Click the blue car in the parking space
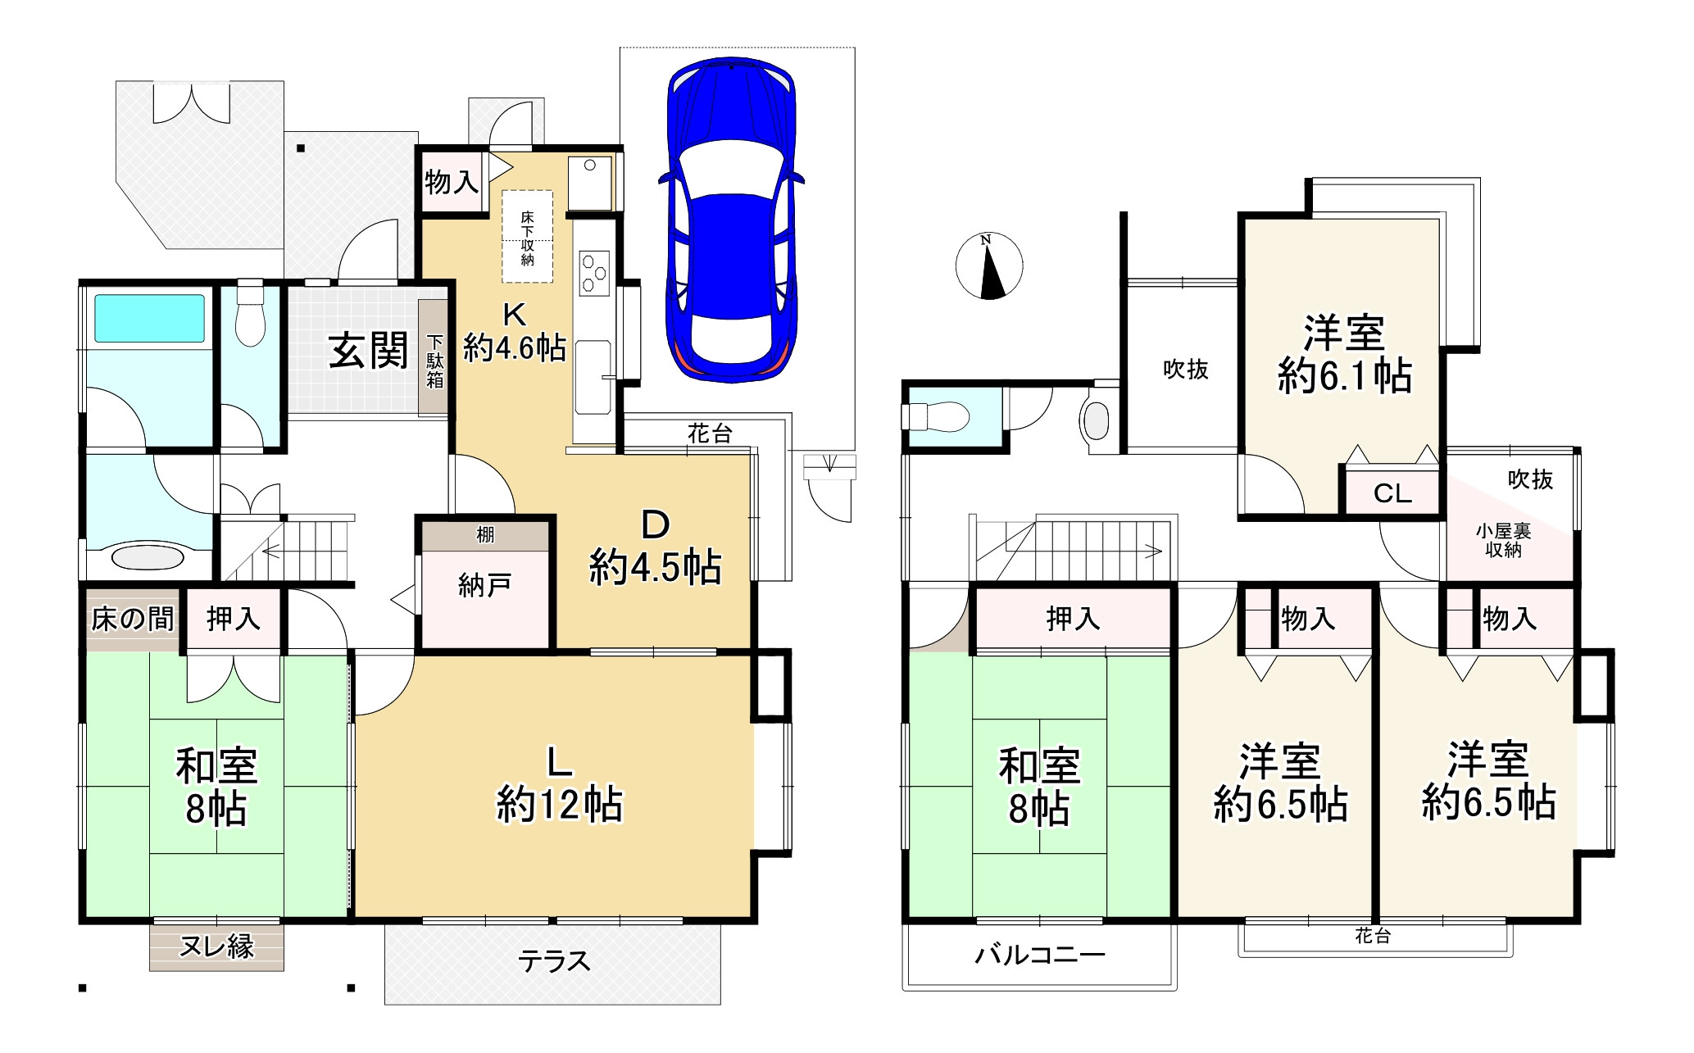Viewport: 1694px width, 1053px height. pos(731,220)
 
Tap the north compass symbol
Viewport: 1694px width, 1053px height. pos(989,266)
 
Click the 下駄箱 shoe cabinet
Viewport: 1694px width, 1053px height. pos(434,357)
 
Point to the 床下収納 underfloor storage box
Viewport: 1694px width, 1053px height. pos(527,237)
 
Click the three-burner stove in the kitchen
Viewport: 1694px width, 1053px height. pos(594,273)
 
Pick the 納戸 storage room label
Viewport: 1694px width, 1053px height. pos(484,585)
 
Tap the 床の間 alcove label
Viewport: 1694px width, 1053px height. pos(133,619)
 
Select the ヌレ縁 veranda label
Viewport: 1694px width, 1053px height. pos(216,947)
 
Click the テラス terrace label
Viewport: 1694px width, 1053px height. pos(553,960)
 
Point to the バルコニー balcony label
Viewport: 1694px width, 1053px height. pos(1040,955)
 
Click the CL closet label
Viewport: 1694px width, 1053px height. pos(1392,493)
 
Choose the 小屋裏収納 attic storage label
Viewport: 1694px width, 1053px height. pos(1503,541)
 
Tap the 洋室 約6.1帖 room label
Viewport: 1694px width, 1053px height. pos(1345,354)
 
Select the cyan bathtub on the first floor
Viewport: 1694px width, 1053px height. pos(149,318)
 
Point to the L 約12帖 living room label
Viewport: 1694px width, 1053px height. pos(560,783)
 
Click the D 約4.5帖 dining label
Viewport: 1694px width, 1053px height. pos(656,547)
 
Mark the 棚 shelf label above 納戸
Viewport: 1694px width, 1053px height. pos(485,535)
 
